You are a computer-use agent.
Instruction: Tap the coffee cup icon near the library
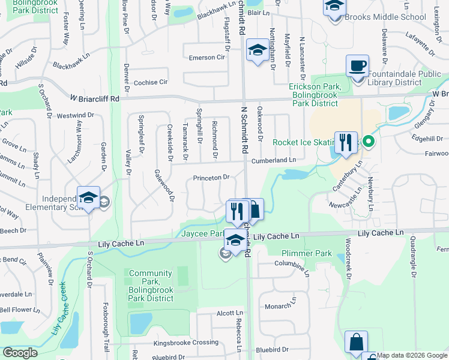tap(358, 66)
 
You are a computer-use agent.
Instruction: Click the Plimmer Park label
tap(307, 254)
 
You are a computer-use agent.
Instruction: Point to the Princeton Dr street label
tap(211, 178)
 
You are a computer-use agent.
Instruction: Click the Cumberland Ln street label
tap(274, 160)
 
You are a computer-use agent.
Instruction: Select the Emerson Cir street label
tap(206, 58)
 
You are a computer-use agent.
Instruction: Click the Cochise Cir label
tap(150, 82)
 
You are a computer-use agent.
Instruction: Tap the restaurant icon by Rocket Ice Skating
tap(345, 143)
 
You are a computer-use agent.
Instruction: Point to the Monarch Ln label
tap(279, 306)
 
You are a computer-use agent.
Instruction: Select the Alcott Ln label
tap(229, 313)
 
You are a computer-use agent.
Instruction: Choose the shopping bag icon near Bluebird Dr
tap(356, 342)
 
